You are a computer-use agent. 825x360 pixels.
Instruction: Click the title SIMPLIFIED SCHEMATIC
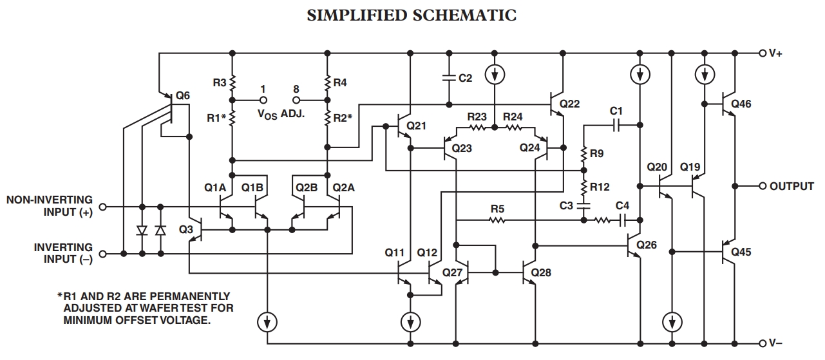(412, 15)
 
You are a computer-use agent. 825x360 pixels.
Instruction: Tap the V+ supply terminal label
(775, 53)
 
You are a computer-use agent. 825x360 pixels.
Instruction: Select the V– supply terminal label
(775, 343)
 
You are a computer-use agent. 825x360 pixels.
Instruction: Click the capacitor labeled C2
(449, 78)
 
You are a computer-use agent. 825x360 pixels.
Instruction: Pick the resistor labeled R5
(497, 220)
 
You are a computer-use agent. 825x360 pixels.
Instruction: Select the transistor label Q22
(570, 103)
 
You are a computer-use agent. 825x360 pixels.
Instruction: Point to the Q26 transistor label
(647, 245)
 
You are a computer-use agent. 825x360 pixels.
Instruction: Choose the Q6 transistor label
(183, 96)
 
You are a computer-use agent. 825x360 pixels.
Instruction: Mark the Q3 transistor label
(186, 230)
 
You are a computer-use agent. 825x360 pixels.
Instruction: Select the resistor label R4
(340, 83)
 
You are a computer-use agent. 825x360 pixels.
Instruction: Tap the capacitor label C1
(616, 111)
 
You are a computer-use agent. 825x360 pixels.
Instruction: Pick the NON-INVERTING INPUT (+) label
(50, 206)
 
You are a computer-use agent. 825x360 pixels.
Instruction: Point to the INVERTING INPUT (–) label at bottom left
(63, 253)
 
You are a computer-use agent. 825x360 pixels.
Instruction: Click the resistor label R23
(477, 117)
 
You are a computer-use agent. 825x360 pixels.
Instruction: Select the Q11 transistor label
(395, 252)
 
